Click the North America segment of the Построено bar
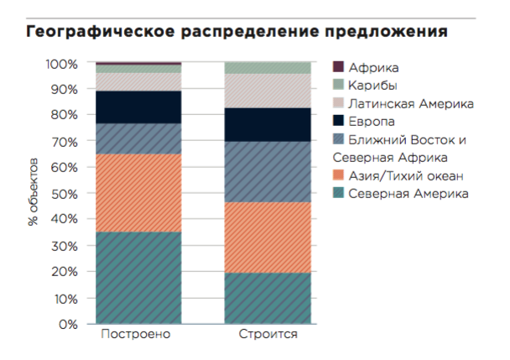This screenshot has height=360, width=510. pyautogui.click(x=138, y=277)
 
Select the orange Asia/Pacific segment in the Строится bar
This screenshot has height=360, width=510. pyautogui.click(x=268, y=237)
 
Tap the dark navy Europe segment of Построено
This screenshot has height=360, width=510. pyautogui.click(x=138, y=107)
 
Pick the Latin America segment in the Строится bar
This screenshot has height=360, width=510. pyautogui.click(x=268, y=91)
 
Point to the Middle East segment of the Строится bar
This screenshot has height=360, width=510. pyautogui.click(x=268, y=171)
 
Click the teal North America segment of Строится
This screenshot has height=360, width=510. pyautogui.click(x=268, y=298)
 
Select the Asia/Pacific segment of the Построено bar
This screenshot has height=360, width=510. pyautogui.click(x=138, y=192)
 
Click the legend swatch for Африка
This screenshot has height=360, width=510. pyautogui.click(x=338, y=67)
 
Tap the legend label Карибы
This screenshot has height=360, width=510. pyautogui.click(x=373, y=85)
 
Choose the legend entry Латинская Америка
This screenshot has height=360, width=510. pyautogui.click(x=412, y=103)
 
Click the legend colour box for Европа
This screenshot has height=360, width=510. pyautogui.click(x=338, y=121)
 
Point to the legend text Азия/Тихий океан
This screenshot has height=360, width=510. pyautogui.click(x=406, y=175)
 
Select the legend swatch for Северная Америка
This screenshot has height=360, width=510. pyautogui.click(x=338, y=194)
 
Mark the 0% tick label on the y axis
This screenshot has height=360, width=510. pyautogui.click(x=68, y=324)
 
